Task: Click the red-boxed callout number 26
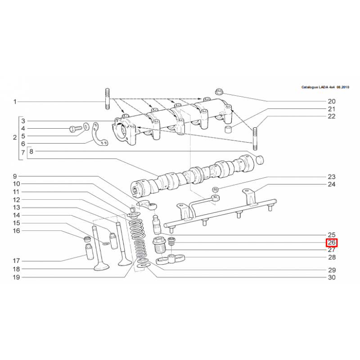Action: pyautogui.click(x=332, y=243)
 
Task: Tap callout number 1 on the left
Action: pyautogui.click(x=15, y=102)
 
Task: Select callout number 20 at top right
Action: pyautogui.click(x=332, y=101)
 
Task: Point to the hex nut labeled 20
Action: pyautogui.click(x=219, y=92)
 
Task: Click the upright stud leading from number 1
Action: pyautogui.click(x=107, y=99)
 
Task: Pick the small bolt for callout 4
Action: pyautogui.click(x=76, y=128)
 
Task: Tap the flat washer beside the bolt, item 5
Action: pyautogui.click(x=86, y=126)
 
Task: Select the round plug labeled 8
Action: pyautogui.click(x=260, y=160)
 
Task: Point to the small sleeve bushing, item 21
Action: pyautogui.click(x=228, y=129)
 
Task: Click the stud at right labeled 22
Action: pyautogui.click(x=255, y=139)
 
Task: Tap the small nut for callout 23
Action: pyautogui.click(x=215, y=189)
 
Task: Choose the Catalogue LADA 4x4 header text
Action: pyautogui.click(x=325, y=87)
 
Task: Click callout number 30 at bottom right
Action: pyautogui.click(x=332, y=277)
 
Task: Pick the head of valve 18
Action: pyautogui.click(x=102, y=267)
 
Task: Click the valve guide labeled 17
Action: pyautogui.click(x=89, y=252)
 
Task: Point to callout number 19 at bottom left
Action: pyautogui.click(x=16, y=277)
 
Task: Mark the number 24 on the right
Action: pyautogui.click(x=332, y=184)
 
